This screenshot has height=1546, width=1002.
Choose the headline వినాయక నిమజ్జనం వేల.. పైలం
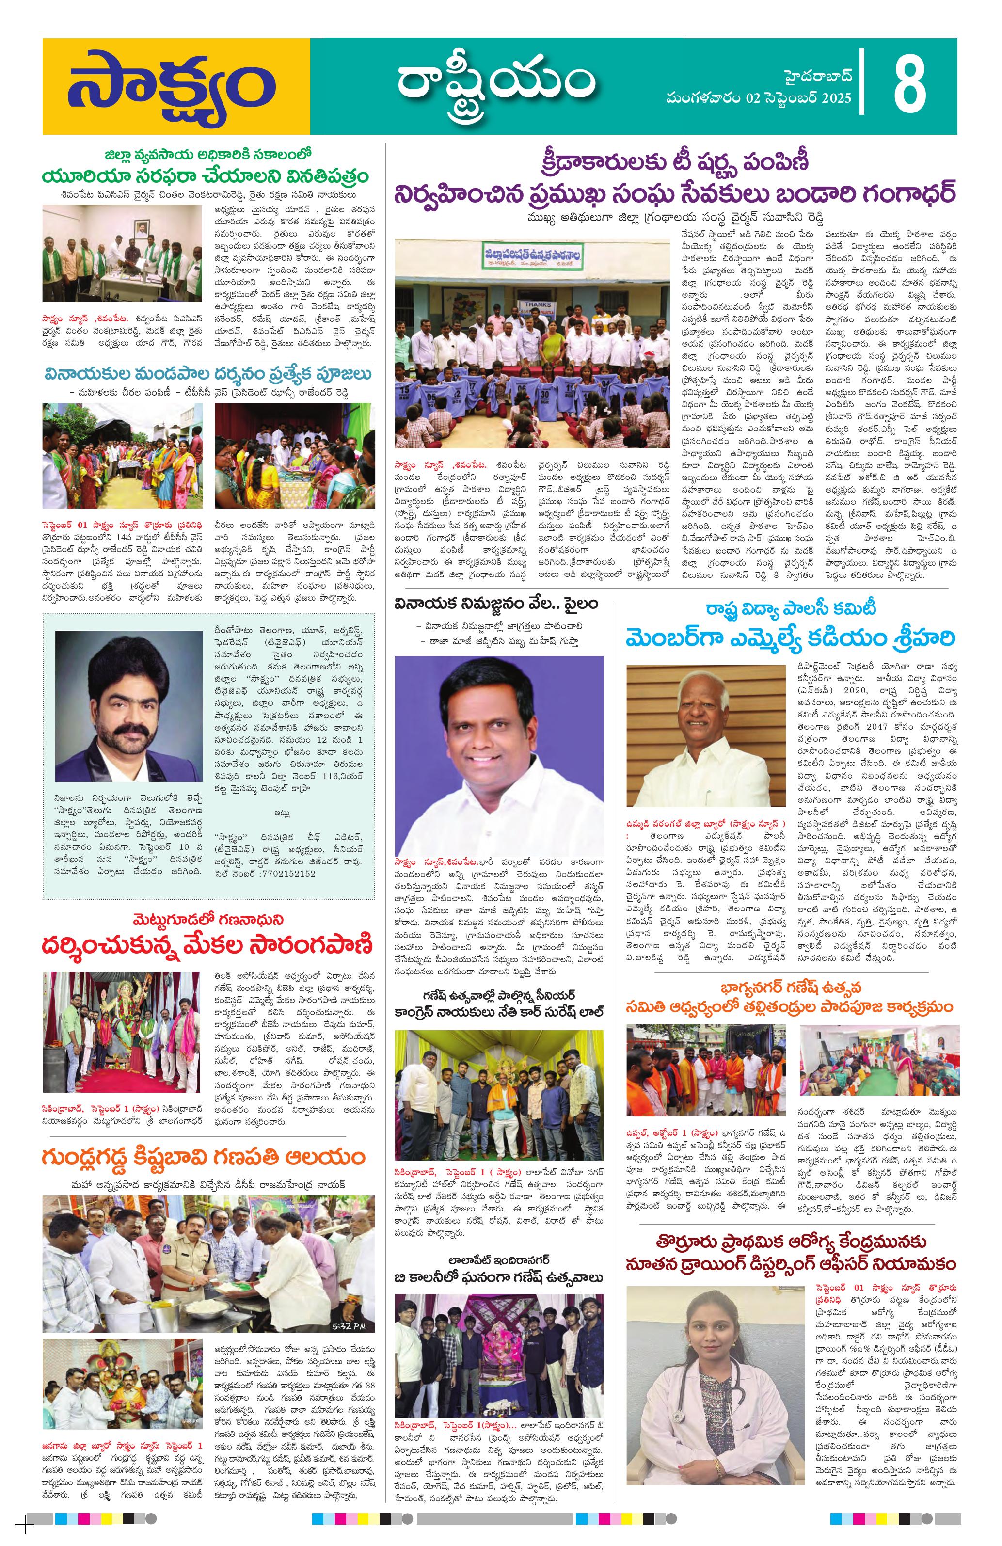pyautogui.click(x=497, y=604)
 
